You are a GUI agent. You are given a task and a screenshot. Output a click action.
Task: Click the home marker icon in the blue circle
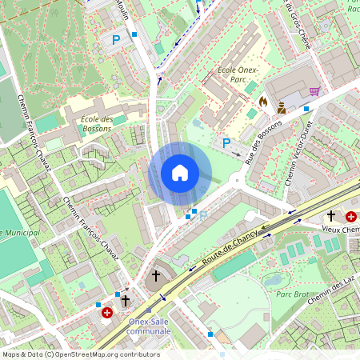[180, 173]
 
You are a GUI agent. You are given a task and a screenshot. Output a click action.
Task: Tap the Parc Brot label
[293, 293]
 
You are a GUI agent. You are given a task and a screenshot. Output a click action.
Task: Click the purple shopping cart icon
[314, 91]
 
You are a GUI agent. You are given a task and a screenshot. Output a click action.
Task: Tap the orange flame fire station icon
[262, 102]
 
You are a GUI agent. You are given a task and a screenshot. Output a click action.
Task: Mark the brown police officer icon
[282, 107]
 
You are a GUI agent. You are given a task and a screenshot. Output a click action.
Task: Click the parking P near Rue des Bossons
[226, 142]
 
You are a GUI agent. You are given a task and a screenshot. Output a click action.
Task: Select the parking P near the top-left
[117, 38]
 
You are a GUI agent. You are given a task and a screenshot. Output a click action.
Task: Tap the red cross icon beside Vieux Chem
[350, 216]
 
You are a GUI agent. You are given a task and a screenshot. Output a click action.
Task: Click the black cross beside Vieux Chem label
[331, 216]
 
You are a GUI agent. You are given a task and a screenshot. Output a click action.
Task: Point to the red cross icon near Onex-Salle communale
[106, 313]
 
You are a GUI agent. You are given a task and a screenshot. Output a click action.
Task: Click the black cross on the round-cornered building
[156, 276]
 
